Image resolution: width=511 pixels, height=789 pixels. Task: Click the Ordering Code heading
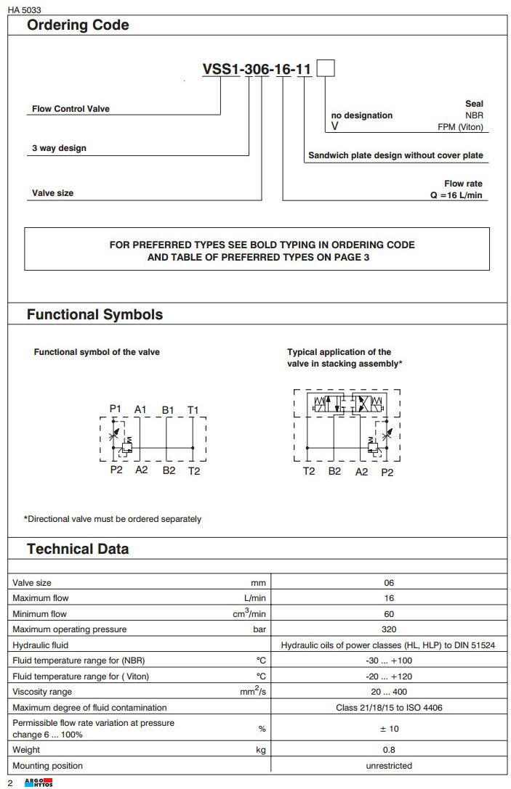(78, 25)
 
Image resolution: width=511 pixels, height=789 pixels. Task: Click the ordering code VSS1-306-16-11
(257, 70)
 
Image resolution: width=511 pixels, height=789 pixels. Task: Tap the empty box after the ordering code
(325, 69)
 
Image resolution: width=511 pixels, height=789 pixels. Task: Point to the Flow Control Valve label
(71, 110)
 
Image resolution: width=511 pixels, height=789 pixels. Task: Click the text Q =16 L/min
(456, 195)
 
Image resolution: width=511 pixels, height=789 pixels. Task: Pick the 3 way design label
(59, 149)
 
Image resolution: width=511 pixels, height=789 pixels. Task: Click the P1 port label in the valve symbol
(116, 409)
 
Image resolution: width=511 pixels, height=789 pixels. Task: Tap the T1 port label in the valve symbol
(193, 410)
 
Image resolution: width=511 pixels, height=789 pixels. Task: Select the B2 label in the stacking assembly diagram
(334, 472)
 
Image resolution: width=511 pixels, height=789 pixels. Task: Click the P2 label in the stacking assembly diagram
(387, 472)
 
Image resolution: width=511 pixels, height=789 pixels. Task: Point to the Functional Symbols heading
(94, 315)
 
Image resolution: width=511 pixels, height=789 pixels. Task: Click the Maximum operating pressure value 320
(389, 629)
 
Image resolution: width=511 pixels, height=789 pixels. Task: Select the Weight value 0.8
(389, 750)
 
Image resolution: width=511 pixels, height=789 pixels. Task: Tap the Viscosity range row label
(42, 692)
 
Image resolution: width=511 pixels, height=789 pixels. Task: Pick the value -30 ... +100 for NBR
(389, 661)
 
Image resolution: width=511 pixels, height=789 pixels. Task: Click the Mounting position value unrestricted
(389, 766)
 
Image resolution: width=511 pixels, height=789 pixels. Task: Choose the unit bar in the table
(259, 629)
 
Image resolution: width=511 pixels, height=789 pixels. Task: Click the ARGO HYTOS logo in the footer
(39, 782)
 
